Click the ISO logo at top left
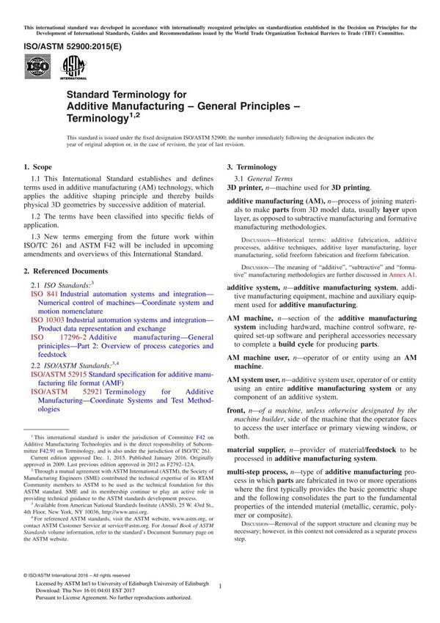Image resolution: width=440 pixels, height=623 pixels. [37, 68]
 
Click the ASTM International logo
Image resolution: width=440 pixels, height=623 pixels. [74, 67]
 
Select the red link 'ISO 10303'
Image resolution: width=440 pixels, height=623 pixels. [48, 320]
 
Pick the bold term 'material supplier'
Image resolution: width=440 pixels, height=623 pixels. [258, 449]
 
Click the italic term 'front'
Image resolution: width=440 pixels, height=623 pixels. [235, 412]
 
